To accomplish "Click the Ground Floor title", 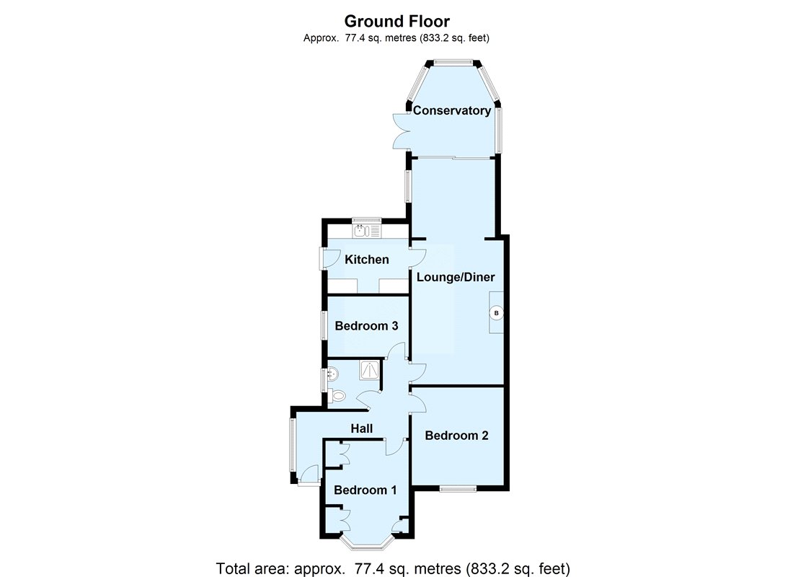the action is [397, 21].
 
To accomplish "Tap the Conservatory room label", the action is [452, 110].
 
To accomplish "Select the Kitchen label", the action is [367, 260].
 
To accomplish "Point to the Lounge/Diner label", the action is [456, 277].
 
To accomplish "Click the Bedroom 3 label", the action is [367, 326].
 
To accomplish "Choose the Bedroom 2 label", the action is [456, 436].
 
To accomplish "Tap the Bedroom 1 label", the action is [366, 490].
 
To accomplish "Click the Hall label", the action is [362, 428].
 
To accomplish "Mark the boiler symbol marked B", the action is [496, 313].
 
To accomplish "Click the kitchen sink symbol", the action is [367, 231].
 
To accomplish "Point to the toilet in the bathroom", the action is [336, 395].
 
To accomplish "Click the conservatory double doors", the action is [402, 131].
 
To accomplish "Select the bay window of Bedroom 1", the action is [367, 542].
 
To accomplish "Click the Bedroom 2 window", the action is [458, 488].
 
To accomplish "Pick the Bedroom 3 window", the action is [324, 325].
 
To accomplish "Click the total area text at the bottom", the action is [393, 568].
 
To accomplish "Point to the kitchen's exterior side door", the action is [329, 259].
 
